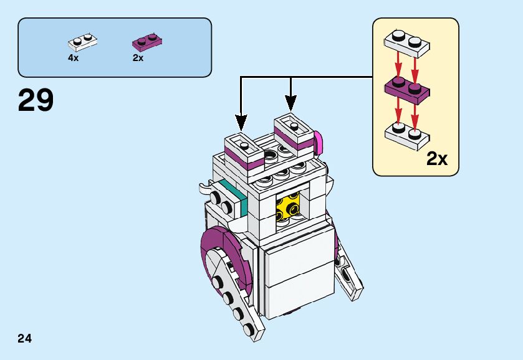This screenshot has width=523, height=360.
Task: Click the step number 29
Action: [36, 100]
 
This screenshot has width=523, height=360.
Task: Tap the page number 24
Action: [25, 339]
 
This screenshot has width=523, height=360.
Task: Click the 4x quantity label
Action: [74, 58]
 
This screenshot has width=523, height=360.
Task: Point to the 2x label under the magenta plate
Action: [138, 58]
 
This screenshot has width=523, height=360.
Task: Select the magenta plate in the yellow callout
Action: [406, 89]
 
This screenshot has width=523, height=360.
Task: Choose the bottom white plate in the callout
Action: [406, 135]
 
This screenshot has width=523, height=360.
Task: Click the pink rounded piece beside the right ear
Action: [319, 142]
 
